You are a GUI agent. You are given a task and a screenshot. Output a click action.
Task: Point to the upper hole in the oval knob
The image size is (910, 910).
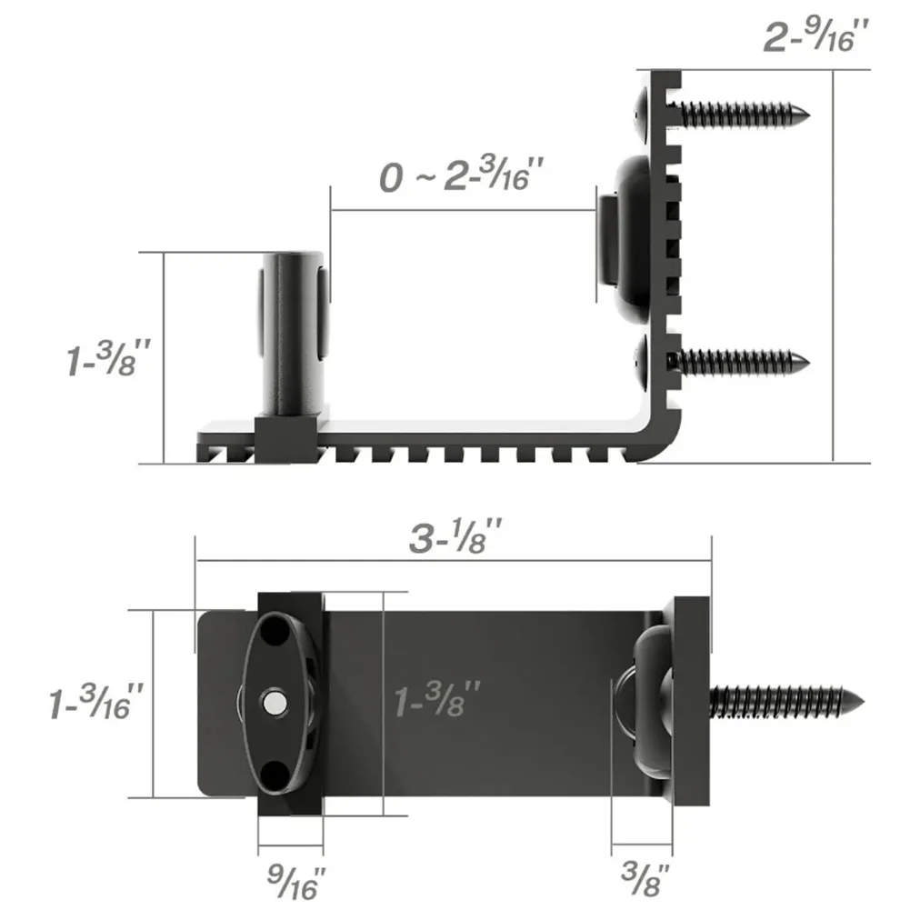tap(273, 631)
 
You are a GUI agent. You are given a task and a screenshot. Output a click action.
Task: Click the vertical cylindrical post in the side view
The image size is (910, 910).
tap(291, 336)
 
